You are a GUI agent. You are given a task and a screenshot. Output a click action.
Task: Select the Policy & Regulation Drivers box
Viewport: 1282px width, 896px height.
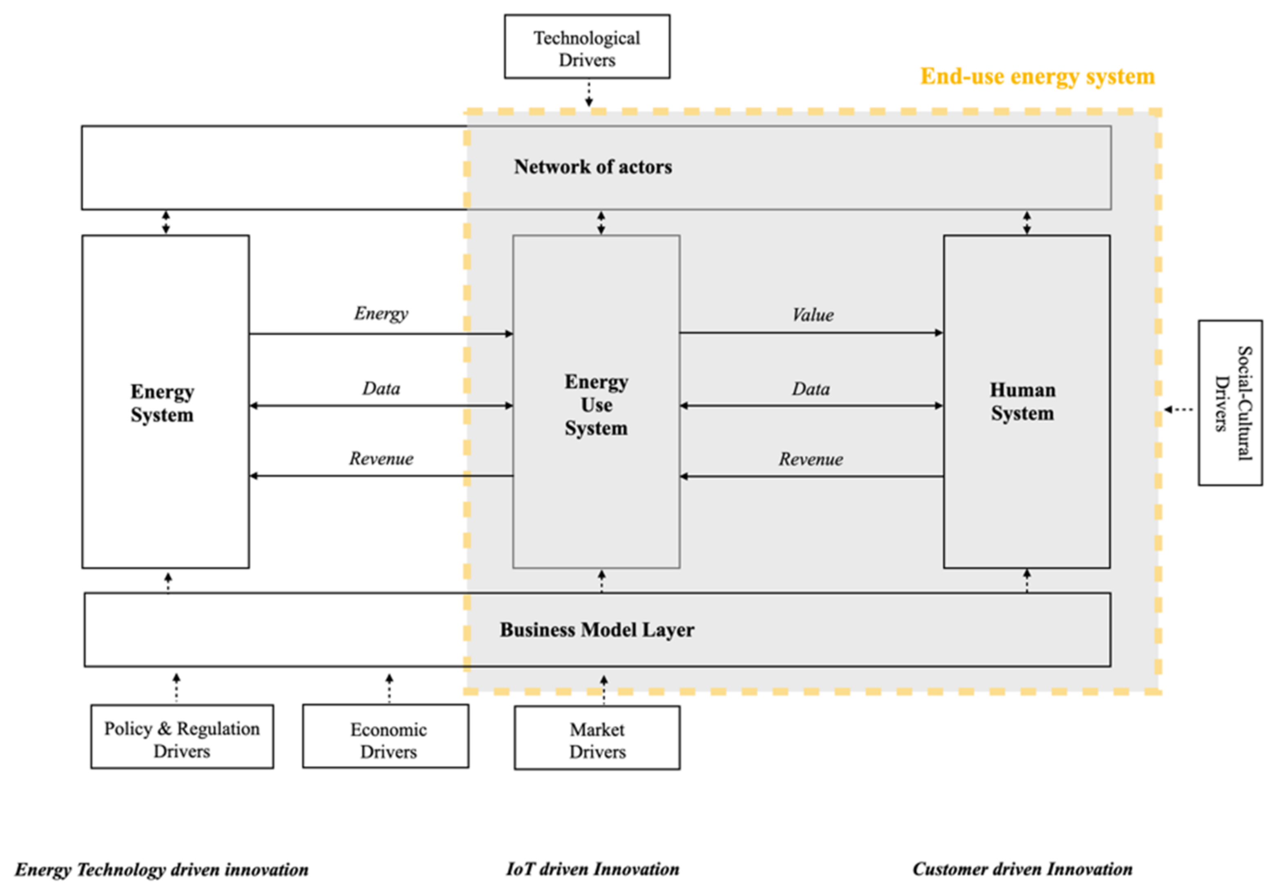click(x=182, y=736)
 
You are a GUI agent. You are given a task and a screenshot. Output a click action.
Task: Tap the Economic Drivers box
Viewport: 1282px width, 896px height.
click(x=386, y=736)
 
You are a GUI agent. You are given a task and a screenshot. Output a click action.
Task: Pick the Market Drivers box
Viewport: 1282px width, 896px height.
click(x=597, y=738)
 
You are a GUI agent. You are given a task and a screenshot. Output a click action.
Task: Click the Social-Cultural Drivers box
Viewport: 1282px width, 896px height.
click(x=1230, y=403)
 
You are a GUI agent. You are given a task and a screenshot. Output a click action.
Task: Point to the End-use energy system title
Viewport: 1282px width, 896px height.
click(x=1037, y=76)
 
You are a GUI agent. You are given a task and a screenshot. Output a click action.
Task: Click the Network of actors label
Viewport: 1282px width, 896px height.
click(x=593, y=167)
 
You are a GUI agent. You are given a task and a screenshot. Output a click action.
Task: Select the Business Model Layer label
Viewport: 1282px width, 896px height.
click(x=597, y=630)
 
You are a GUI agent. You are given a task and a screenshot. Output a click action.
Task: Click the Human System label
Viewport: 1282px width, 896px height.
click(x=1022, y=402)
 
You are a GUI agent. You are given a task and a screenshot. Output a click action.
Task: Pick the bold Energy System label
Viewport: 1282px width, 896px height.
click(x=162, y=404)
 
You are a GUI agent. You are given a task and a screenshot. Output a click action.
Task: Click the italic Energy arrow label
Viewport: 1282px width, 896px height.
click(x=381, y=313)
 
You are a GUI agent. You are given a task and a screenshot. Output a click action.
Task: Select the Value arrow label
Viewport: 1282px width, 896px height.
click(x=812, y=315)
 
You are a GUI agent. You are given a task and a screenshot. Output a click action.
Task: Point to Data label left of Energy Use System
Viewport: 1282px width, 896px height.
click(x=381, y=388)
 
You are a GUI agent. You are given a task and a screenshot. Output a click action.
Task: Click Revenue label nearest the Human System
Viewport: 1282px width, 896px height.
click(x=811, y=459)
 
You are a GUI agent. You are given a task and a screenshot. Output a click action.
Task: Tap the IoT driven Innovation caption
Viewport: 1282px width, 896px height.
click(x=592, y=869)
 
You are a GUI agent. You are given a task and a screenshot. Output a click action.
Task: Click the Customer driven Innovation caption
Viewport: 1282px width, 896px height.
click(x=1022, y=869)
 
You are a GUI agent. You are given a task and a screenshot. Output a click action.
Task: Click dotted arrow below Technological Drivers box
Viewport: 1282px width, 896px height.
click(x=588, y=94)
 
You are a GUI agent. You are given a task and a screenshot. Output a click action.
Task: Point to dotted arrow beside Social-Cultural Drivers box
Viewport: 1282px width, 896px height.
click(x=1179, y=410)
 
